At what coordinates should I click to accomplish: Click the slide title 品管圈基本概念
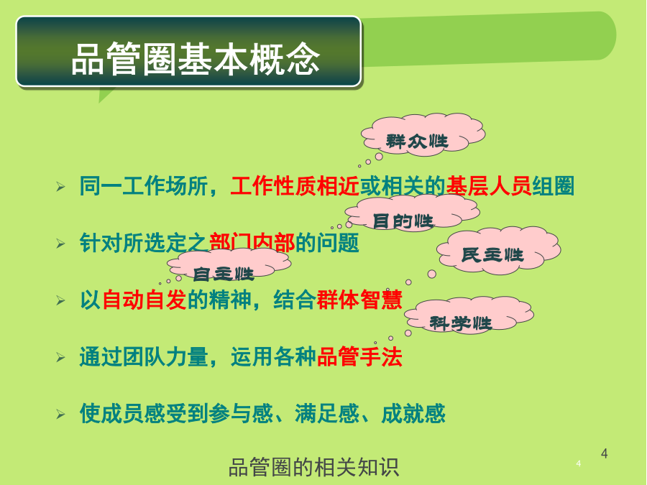click(x=196, y=59)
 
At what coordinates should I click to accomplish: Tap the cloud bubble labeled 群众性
click(x=423, y=134)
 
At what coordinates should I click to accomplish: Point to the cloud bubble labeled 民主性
click(x=498, y=250)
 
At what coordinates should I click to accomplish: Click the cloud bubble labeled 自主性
click(x=229, y=264)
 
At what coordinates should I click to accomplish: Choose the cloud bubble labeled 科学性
click(x=469, y=314)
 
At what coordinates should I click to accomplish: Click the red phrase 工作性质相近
click(x=295, y=186)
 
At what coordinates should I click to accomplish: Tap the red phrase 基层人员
click(x=489, y=186)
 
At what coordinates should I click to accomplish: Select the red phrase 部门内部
click(x=252, y=243)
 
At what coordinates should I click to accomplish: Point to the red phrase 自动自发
click(x=144, y=300)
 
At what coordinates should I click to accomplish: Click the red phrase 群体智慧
click(x=359, y=300)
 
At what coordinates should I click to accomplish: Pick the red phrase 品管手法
click(x=359, y=356)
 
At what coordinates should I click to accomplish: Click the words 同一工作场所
click(x=144, y=186)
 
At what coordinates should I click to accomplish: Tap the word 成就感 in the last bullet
click(x=413, y=414)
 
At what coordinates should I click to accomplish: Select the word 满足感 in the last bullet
click(x=327, y=414)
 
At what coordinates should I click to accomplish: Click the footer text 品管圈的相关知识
click(x=313, y=467)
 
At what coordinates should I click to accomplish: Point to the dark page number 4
click(x=604, y=453)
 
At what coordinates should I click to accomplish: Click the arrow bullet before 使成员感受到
click(x=60, y=414)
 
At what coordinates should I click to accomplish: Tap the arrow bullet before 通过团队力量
click(x=60, y=357)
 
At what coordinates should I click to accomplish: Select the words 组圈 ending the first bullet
click(x=554, y=186)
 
